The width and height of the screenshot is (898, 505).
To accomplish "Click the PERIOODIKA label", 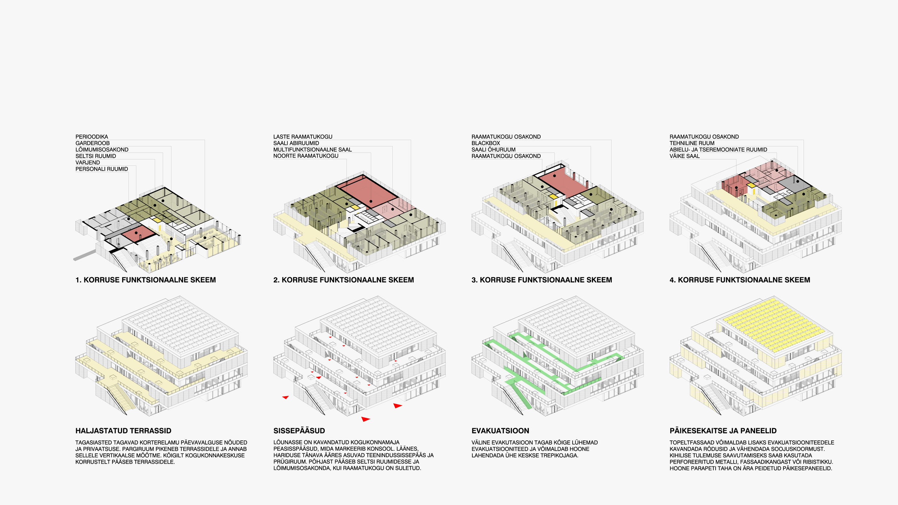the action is (92, 137).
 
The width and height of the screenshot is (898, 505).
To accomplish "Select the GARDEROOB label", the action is (92, 143).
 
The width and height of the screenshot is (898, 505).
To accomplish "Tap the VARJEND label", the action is (88, 163).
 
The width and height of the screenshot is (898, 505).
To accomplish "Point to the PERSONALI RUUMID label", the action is (102, 169).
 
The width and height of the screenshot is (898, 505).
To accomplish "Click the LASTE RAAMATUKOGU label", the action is (303, 137).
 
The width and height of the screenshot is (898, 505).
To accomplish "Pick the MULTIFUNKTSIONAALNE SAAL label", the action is (313, 150).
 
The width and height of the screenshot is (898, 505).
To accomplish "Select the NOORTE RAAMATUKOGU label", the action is (306, 156).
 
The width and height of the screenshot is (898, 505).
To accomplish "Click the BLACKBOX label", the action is (486, 143).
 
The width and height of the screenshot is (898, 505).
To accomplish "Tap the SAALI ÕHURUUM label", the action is (493, 150).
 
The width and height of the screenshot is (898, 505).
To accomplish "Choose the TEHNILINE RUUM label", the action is (692, 143).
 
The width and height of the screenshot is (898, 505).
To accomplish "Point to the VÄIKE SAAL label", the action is (684, 156).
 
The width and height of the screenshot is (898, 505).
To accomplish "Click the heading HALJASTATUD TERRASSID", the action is (123, 431).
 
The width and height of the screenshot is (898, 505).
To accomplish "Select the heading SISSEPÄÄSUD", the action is (299, 431).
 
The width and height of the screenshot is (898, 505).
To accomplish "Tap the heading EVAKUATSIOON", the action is (500, 431).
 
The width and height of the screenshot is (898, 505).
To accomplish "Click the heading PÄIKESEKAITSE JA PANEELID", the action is (723, 431).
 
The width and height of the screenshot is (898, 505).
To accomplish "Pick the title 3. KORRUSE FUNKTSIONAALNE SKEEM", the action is (541, 280).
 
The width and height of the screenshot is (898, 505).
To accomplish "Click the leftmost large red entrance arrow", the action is (286, 397).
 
